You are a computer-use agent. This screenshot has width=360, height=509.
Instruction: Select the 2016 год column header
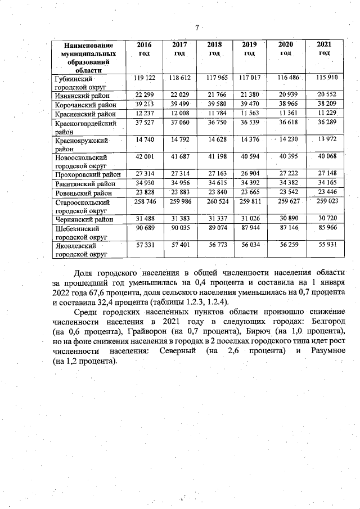145,48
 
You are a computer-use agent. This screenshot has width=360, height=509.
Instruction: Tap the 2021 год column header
323,48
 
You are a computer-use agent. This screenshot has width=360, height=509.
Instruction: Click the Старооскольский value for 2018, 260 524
214,201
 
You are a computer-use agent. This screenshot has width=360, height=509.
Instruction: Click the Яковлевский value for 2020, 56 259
286,246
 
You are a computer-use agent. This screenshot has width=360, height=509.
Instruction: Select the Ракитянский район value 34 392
250,182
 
